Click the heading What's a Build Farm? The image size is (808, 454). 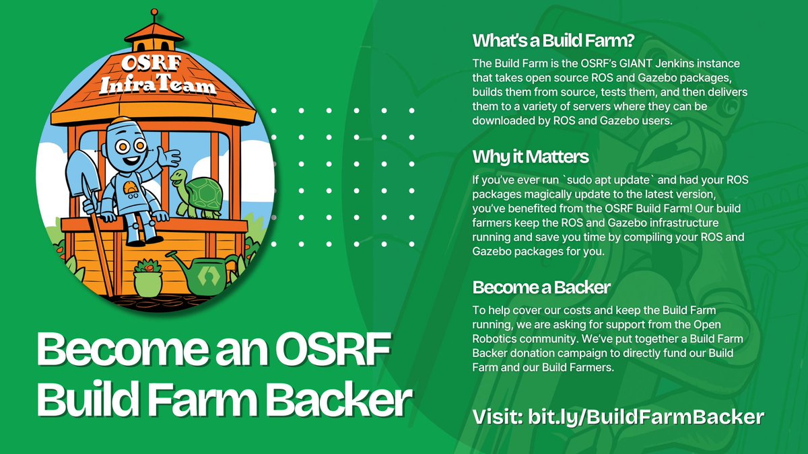[x=553, y=40]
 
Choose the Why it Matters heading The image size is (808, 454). [x=531, y=157]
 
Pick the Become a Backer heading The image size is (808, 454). [x=541, y=287]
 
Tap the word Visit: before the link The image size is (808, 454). [x=496, y=416]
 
